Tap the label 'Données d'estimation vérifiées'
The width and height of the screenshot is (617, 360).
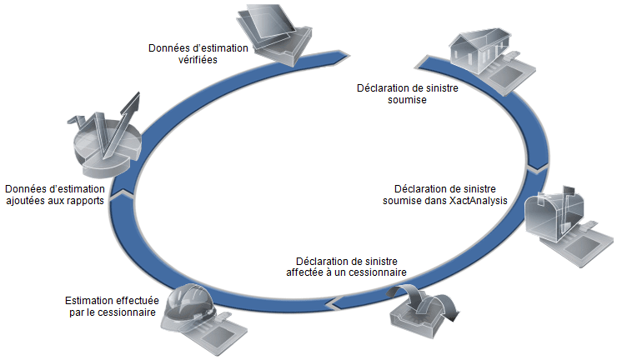pos(198,54)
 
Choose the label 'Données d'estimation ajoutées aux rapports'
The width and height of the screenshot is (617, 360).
pos(54,194)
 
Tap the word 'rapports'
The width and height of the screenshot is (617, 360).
pos(83,201)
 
